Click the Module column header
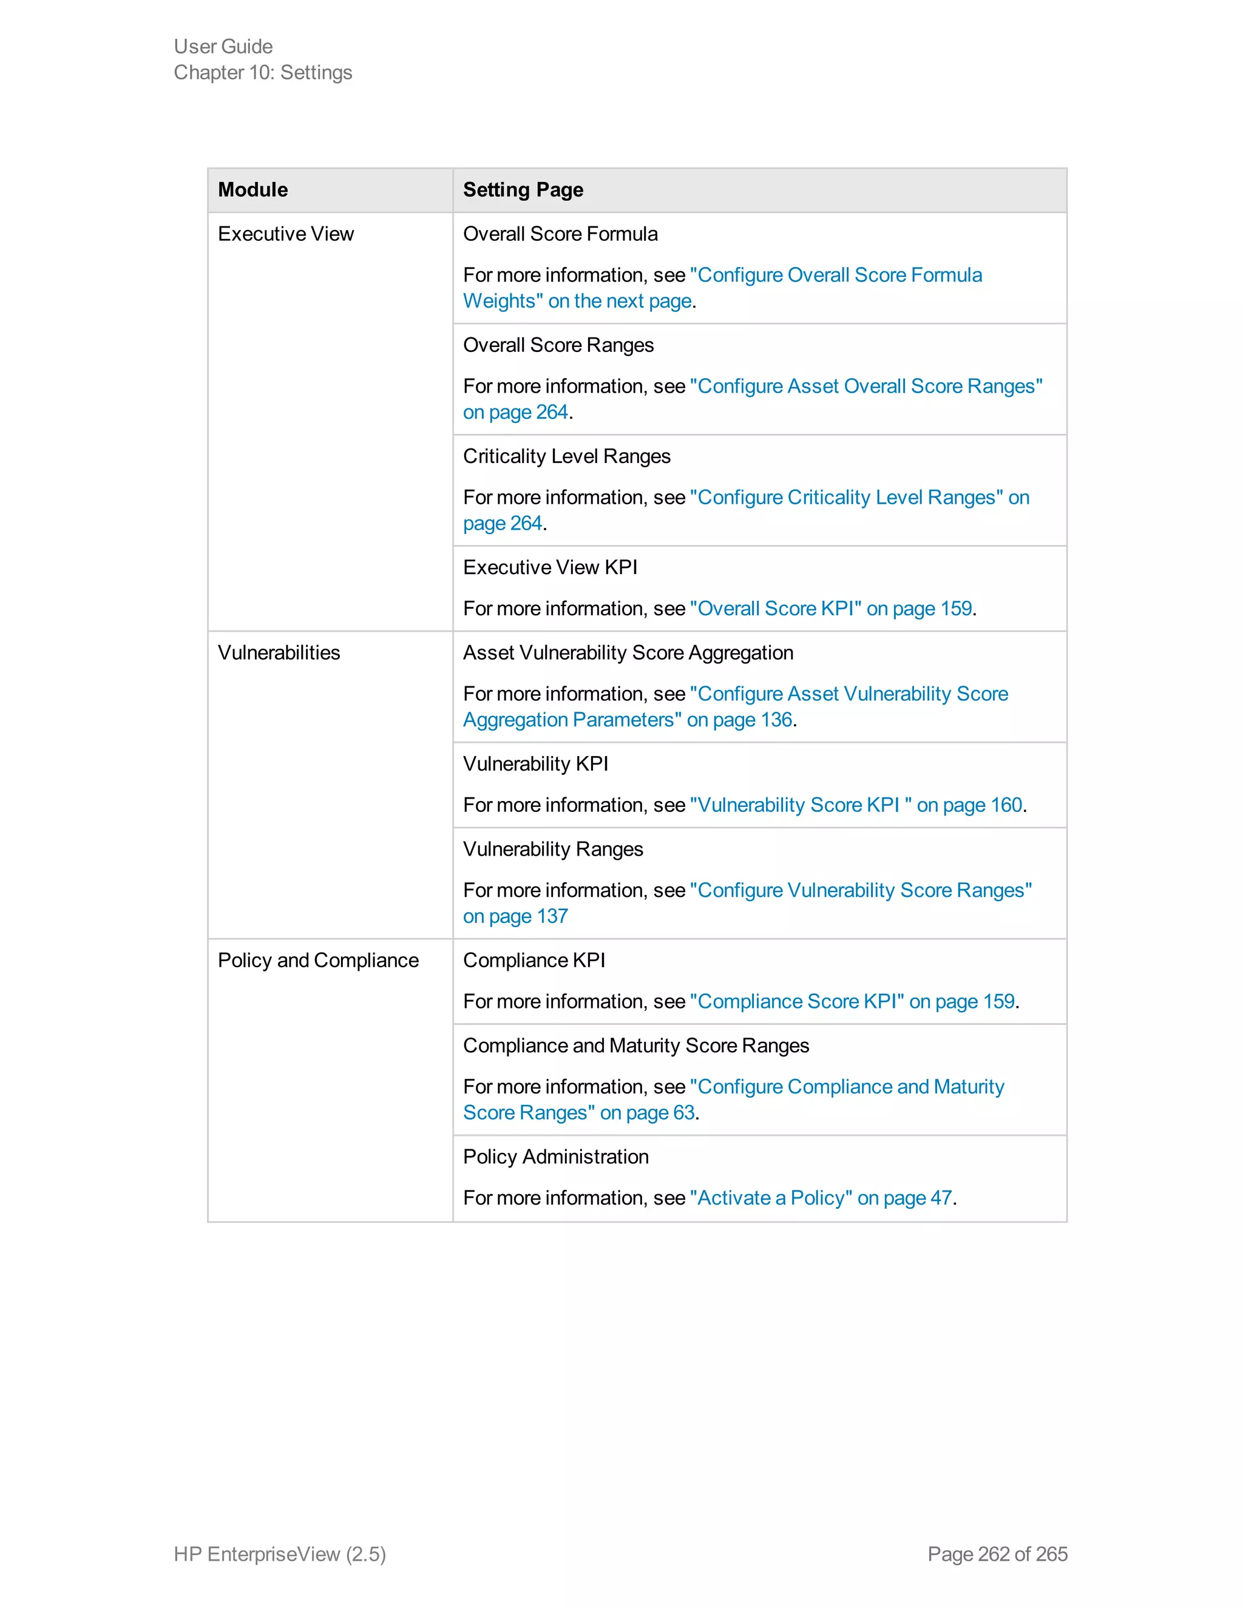tap(252, 190)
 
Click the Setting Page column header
tap(523, 190)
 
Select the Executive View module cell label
tap(286, 234)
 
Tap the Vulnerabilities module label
tap(279, 653)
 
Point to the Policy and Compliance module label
tap(318, 961)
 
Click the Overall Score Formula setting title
tap(560, 234)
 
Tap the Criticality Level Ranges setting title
tap(566, 456)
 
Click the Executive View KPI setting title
tap(550, 568)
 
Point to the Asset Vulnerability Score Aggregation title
tap(628, 653)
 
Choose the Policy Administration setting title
tap(556, 1157)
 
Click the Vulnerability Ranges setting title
tap(553, 850)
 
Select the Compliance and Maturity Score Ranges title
tap(635, 1046)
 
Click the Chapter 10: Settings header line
tap(263, 73)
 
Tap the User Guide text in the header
tap(223, 46)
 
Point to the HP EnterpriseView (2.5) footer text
tap(280, 1554)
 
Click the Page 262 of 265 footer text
tap(997, 1554)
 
